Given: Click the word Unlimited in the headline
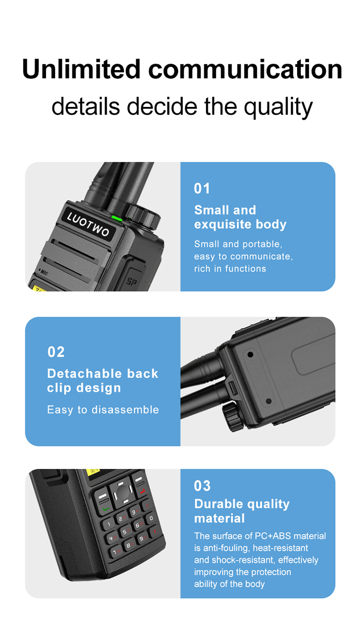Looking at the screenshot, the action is pos(81,69).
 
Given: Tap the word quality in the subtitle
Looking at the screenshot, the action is pos(278,107).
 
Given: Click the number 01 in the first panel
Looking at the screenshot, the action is pos(202,189).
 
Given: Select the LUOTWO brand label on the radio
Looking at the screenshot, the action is pos(88,224).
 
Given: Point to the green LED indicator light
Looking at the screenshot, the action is pos(117,218).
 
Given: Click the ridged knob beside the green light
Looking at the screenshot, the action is pos(143,216).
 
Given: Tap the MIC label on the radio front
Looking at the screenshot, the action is pos(44,272).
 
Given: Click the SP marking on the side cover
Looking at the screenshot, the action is pos(132,281).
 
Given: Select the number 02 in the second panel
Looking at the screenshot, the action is pos(56,352).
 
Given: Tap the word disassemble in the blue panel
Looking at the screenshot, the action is pos(125,410).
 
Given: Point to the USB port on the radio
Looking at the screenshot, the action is pos(233,388).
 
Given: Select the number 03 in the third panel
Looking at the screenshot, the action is pos(202,486).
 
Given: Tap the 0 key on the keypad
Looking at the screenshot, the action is pos(151,518).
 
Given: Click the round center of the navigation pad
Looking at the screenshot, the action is pos(123,493).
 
